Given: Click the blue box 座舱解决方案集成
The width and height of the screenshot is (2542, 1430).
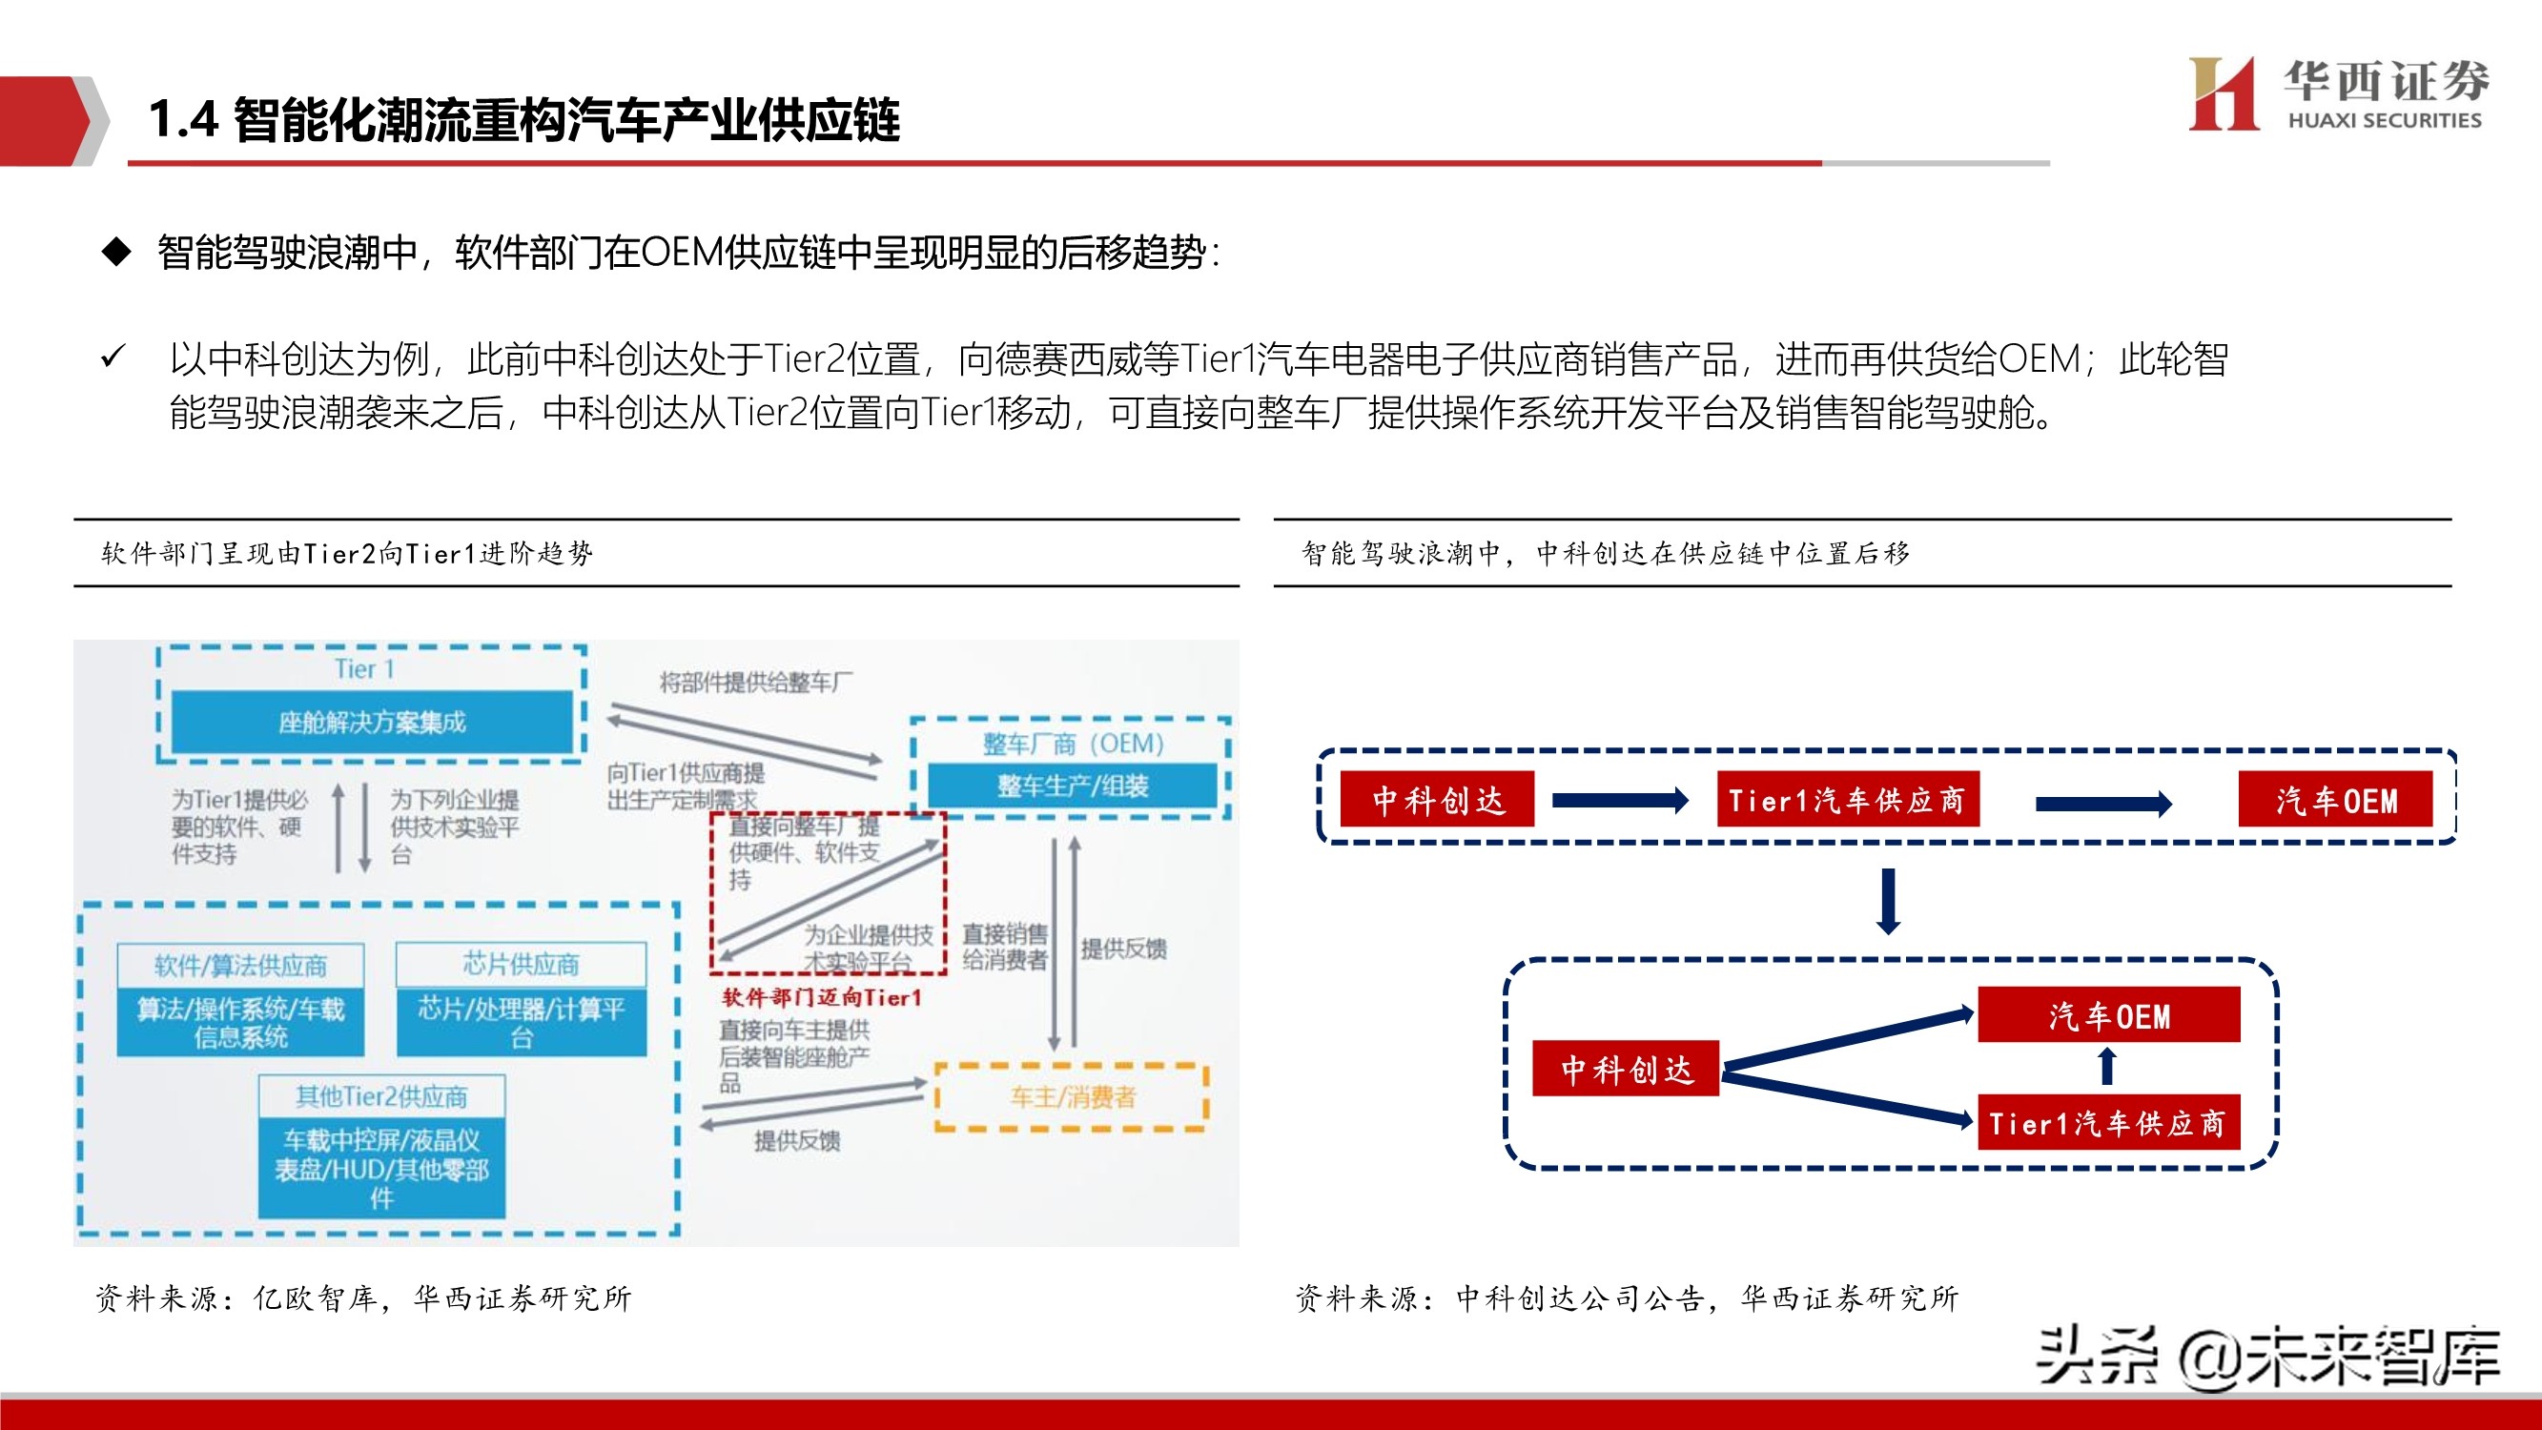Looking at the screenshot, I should tap(372, 722).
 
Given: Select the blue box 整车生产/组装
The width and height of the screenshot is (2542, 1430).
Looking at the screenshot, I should tap(1073, 786).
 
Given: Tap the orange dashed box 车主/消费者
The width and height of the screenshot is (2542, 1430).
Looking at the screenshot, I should tap(1072, 1096).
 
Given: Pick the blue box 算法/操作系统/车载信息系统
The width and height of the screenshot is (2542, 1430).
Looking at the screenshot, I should tap(241, 1022).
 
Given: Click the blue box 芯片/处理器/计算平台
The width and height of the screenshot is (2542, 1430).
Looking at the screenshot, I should tap(521, 1022).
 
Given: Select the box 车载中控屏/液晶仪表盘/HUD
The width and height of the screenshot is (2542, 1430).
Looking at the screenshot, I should tap(382, 1169).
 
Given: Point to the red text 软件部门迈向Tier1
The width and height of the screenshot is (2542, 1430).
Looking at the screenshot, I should tap(822, 998).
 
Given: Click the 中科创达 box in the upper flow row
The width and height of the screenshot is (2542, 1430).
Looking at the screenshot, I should tap(1437, 800).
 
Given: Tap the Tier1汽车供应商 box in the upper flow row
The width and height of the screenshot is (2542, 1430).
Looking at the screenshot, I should tap(1847, 800).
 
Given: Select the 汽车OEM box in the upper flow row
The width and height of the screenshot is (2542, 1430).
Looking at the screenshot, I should tap(2336, 800).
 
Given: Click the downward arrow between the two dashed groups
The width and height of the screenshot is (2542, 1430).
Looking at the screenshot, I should tap(1889, 901).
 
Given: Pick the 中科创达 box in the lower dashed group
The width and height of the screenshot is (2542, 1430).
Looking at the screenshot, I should tap(1626, 1069).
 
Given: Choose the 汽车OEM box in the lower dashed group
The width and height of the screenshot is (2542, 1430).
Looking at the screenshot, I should tap(2109, 1015).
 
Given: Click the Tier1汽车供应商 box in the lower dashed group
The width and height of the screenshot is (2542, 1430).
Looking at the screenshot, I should tap(2109, 1123).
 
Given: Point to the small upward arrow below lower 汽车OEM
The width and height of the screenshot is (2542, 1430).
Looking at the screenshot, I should tap(2107, 1067).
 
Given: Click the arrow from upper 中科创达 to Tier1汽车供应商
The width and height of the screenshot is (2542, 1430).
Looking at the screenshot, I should tap(1620, 801).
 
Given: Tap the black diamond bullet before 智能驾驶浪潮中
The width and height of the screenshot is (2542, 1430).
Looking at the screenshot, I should tap(116, 252).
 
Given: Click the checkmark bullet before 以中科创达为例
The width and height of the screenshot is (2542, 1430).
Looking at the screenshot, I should tap(113, 357).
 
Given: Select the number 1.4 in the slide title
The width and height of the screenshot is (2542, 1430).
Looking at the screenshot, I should tap(182, 119).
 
